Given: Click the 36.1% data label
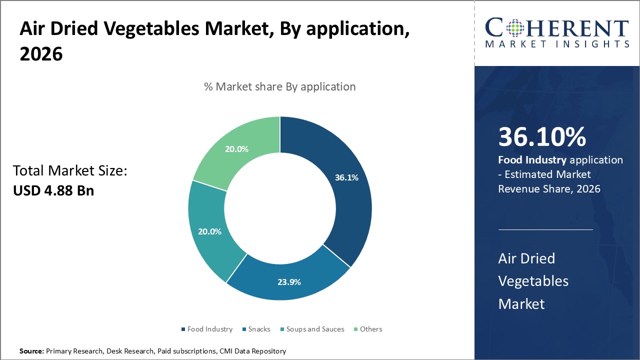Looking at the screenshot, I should [346, 177].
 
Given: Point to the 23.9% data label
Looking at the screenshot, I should [289, 282].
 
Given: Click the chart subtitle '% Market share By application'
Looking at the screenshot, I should [280, 86].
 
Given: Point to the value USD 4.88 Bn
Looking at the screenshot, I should [53, 190].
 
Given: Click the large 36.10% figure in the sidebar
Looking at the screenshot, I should [542, 137].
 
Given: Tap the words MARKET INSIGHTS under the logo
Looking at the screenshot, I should [556, 44].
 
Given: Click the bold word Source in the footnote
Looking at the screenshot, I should [31, 351].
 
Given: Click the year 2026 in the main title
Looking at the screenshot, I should [41, 54].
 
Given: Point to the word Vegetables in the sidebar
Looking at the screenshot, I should [533, 281].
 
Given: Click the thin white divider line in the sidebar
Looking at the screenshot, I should [545, 229].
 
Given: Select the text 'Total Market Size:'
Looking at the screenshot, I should [70, 171].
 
